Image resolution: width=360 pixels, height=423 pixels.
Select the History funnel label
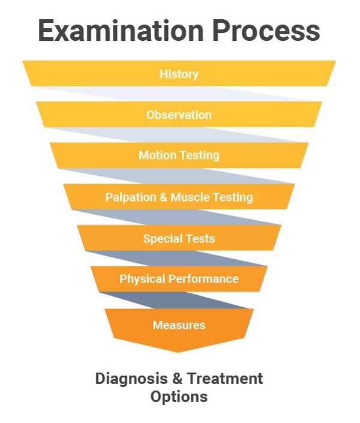(179, 74)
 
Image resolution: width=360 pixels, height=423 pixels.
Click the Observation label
(179, 115)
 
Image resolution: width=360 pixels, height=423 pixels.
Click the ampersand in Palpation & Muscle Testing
(164, 197)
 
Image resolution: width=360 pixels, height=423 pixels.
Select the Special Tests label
(179, 239)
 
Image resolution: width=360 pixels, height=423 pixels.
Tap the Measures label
(179, 325)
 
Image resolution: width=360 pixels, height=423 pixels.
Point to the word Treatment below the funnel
(224, 379)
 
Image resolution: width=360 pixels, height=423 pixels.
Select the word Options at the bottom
(179, 397)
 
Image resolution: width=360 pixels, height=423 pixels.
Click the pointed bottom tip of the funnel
(179, 351)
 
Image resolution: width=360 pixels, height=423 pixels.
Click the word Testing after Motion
(200, 155)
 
